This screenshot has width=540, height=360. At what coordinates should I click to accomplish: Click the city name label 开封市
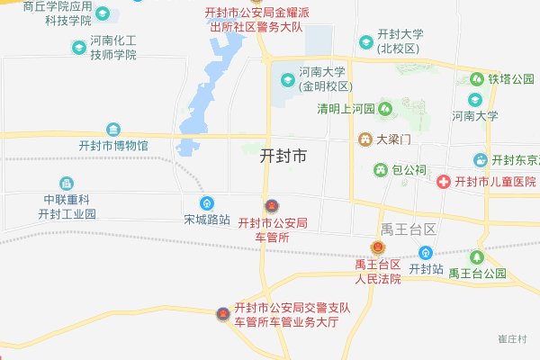[x=283, y=156]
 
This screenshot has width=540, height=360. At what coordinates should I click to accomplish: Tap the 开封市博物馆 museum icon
[x=113, y=129]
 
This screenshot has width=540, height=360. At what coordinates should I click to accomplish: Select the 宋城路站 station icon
[x=207, y=202]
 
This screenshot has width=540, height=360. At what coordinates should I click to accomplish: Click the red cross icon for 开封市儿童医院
[x=444, y=182]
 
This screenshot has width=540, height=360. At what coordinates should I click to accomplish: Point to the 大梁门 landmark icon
[x=365, y=139]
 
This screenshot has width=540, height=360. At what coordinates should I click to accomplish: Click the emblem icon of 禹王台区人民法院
[x=377, y=247]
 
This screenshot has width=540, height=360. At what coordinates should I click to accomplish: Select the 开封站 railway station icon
[x=426, y=253]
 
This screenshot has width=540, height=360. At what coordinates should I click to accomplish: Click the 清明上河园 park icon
[x=386, y=109]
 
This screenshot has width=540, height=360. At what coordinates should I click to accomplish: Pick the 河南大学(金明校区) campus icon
[x=288, y=79]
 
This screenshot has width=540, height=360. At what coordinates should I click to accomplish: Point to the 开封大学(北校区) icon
[x=366, y=42]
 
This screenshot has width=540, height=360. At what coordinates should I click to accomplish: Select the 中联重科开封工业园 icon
[x=66, y=184]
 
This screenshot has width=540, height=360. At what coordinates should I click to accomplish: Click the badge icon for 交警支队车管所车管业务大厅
[x=223, y=313]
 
